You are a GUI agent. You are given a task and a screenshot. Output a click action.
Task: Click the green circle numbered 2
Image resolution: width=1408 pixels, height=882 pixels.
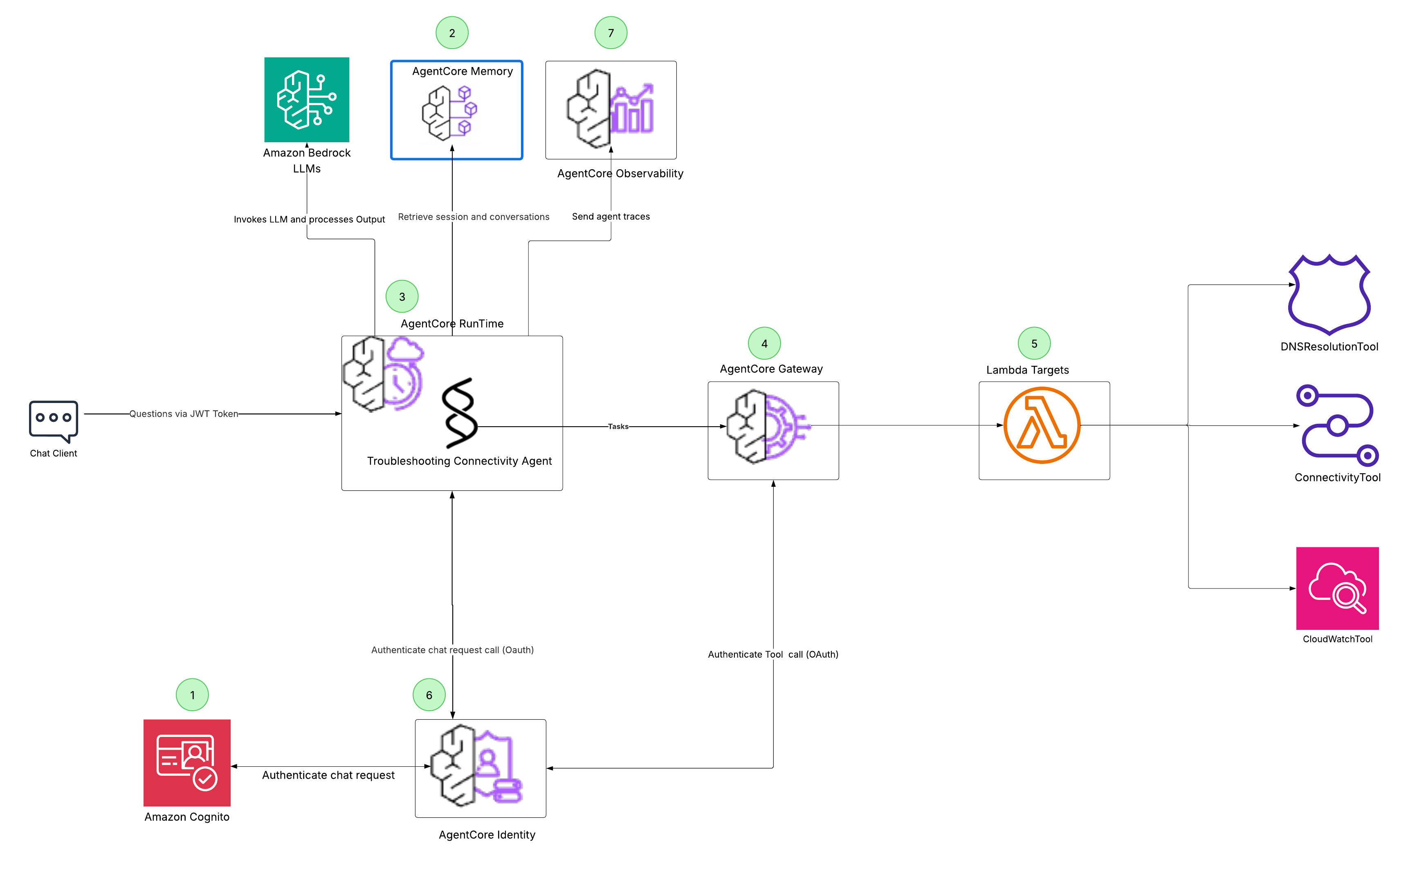pyautogui.click(x=451, y=33)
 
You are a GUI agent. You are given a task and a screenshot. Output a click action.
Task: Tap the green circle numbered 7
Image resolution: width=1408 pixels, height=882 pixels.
pyautogui.click(x=610, y=33)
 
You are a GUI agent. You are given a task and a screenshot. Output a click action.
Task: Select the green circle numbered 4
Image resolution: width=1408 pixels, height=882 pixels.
pyautogui.click(x=764, y=344)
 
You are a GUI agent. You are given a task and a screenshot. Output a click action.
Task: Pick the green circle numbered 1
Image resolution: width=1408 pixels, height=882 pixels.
pyautogui.click(x=192, y=695)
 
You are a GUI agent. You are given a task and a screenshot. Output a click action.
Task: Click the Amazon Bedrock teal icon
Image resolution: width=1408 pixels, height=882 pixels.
pyautogui.click(x=306, y=100)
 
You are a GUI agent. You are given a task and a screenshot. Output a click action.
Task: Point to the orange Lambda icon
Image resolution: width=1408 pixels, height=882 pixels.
pyautogui.click(x=1042, y=425)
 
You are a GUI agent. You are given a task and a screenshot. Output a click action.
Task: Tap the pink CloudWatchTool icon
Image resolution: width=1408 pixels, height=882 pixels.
pyautogui.click(x=1337, y=588)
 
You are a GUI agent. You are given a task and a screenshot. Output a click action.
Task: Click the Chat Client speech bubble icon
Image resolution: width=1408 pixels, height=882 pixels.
pyautogui.click(x=53, y=420)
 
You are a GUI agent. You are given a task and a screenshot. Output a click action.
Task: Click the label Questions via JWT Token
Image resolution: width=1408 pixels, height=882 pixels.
pyautogui.click(x=183, y=414)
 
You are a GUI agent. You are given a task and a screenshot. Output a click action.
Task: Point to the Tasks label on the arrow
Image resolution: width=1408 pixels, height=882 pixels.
pyautogui.click(x=618, y=426)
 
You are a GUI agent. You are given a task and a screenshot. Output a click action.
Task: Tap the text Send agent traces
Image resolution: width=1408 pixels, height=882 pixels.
pyautogui.click(x=610, y=217)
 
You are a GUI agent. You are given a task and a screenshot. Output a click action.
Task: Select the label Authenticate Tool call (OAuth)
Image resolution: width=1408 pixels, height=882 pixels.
pyautogui.click(x=772, y=654)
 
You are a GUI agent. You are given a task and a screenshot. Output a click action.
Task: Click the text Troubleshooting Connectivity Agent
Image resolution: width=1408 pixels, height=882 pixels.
pyautogui.click(x=459, y=461)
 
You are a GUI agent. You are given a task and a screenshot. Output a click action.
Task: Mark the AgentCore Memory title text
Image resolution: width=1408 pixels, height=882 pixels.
pyautogui.click(x=462, y=71)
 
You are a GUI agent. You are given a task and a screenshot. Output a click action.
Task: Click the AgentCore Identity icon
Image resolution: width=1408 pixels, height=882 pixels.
pyautogui.click(x=476, y=766)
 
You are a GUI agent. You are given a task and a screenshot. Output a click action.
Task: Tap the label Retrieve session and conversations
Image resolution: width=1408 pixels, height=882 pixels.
pyautogui.click(x=473, y=217)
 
